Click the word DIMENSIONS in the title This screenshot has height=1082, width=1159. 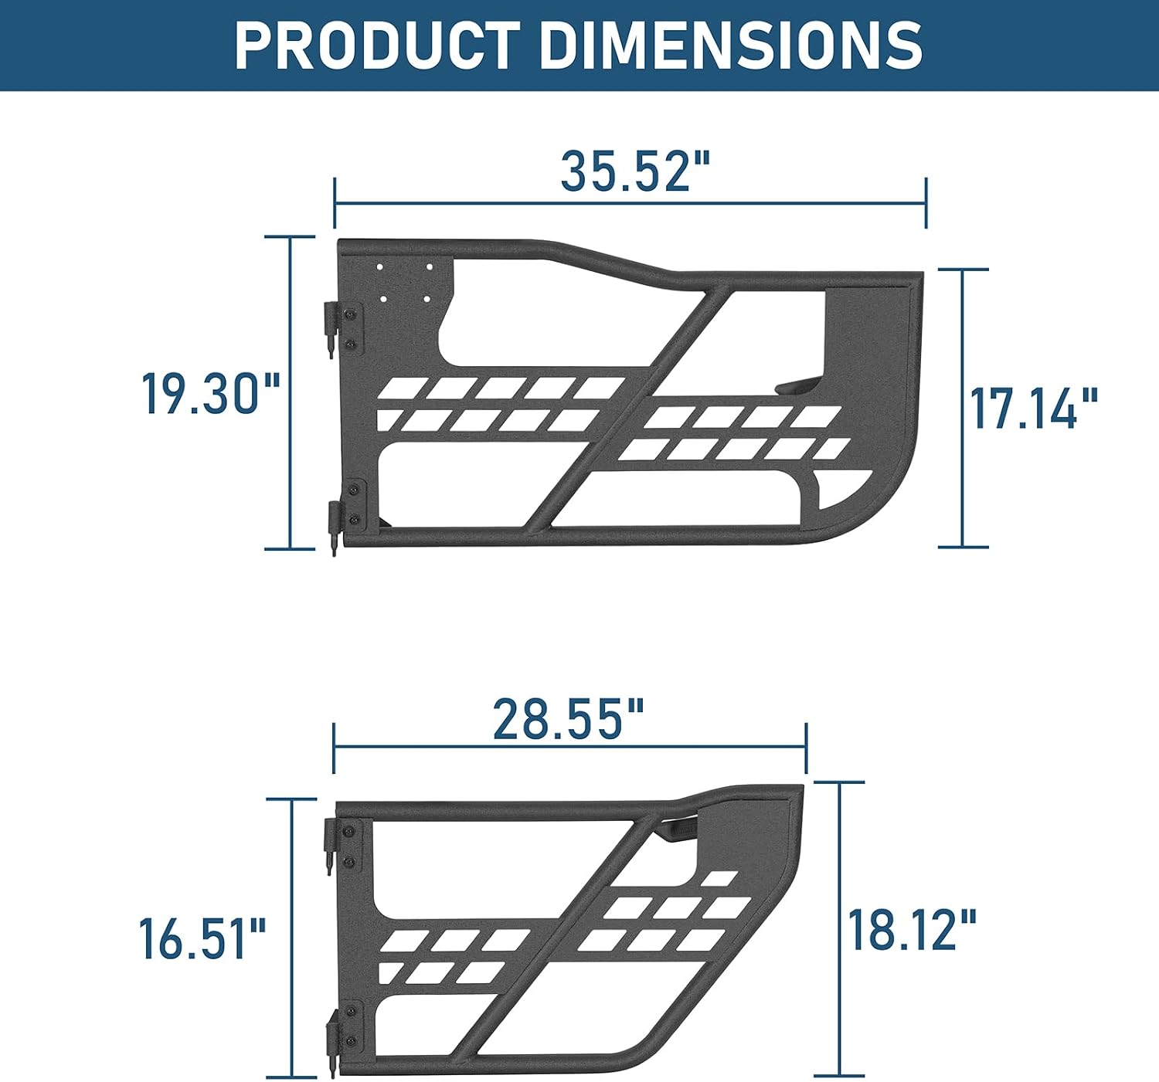[732, 45]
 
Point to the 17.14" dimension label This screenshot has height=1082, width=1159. [1034, 408]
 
